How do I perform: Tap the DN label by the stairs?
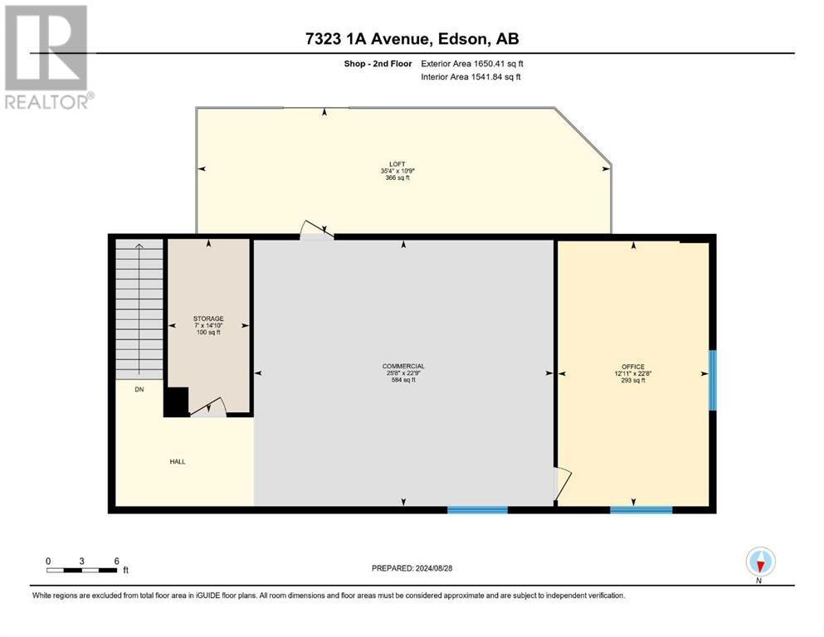coord(139,389)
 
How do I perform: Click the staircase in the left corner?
coord(139,307)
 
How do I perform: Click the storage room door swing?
coord(212,407)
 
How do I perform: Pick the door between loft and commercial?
coord(316,231)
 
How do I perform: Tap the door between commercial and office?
coord(562,483)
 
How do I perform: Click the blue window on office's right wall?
coord(712,380)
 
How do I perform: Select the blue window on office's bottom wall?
coord(641,509)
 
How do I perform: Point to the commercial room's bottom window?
coord(477,509)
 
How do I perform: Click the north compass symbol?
coord(760,563)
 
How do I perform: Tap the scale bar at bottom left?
coord(82,569)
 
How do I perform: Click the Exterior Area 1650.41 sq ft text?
coord(472,63)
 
